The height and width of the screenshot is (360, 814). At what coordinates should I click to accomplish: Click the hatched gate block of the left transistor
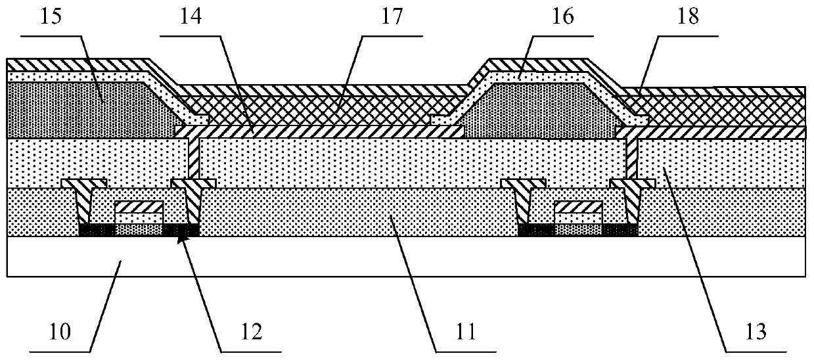138,207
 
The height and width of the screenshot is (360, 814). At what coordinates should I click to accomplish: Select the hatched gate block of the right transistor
578,207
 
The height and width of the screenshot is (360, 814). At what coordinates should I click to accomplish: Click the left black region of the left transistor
97,230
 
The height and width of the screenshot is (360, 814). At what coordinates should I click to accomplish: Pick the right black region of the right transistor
620,230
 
